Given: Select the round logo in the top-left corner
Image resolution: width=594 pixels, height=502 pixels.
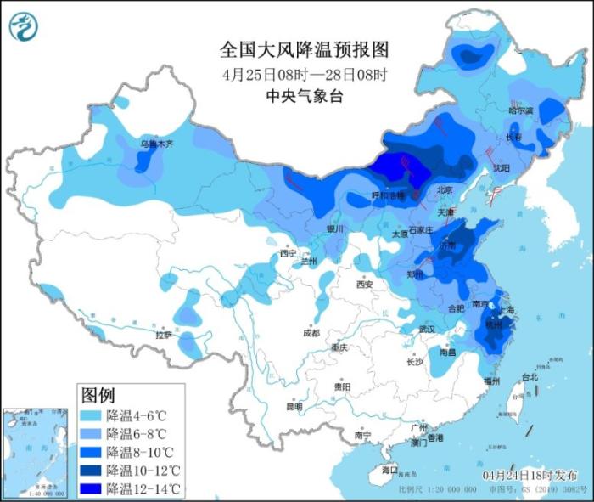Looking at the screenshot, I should coord(24,27).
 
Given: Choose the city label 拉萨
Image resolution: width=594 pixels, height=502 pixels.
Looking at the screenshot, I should coord(162,335).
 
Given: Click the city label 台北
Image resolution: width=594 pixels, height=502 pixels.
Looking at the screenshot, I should coord(529,376).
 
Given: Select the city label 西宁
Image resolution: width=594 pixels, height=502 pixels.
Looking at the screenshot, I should coord(288,253).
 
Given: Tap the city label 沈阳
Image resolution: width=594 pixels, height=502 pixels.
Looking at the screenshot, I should coord(501,168).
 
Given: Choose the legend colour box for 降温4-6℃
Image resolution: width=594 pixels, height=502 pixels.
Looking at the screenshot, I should coord(92,416).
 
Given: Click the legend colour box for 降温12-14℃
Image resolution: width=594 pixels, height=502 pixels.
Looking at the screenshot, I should coord(92,488).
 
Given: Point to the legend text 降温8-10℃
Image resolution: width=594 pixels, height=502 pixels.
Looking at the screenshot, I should coord(143,452).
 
